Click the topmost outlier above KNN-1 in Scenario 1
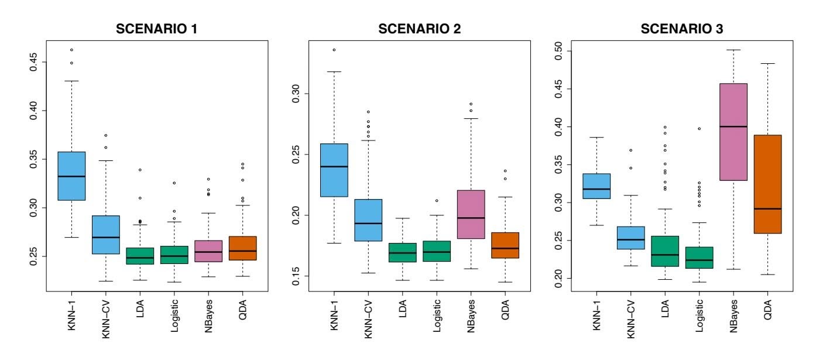(x=71, y=50)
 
